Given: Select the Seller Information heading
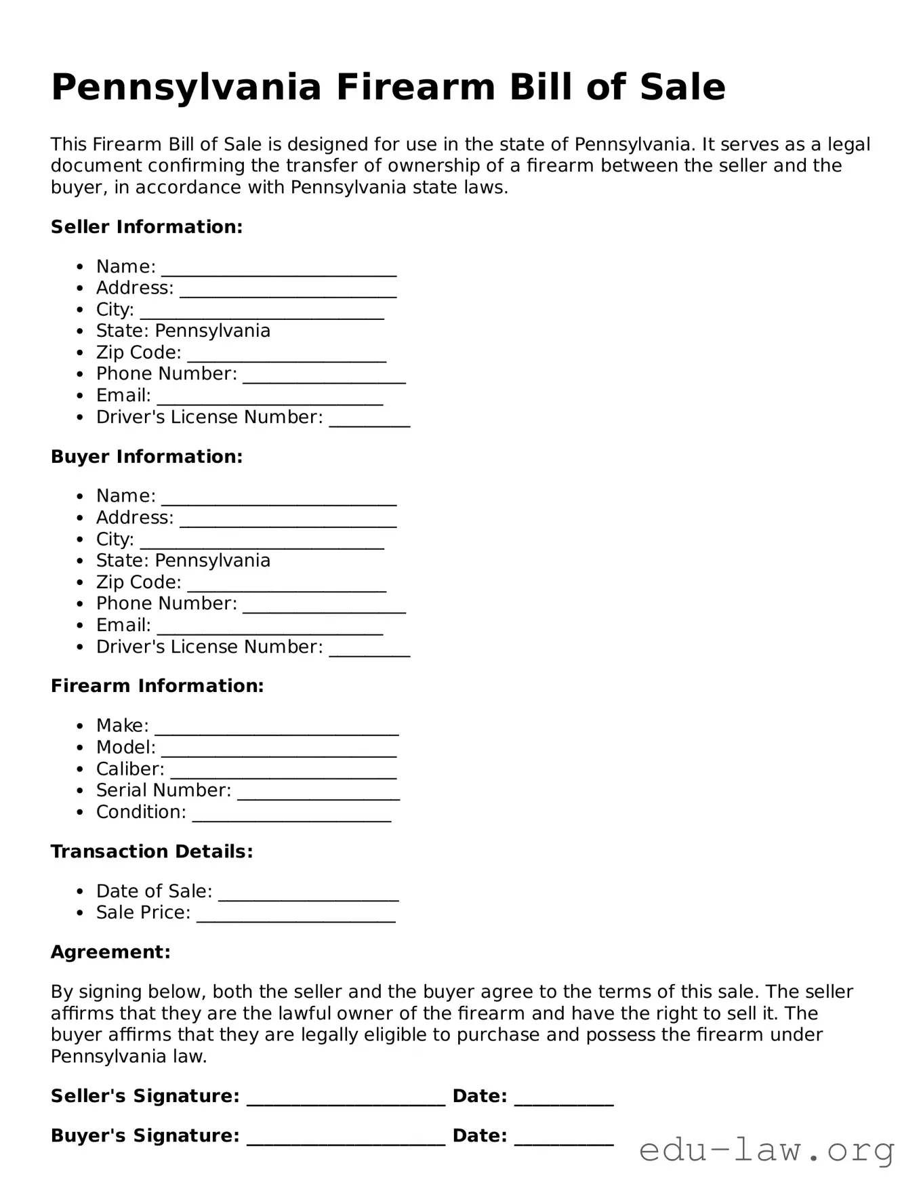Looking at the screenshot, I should pyautogui.click(x=146, y=227).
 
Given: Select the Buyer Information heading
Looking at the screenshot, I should pyautogui.click(x=146, y=457).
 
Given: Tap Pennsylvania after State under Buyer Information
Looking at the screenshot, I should pyautogui.click(x=213, y=561).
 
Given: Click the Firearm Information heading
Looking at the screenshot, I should pyautogui.click(x=157, y=686).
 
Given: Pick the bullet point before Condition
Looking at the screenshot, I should pyautogui.click(x=81, y=813).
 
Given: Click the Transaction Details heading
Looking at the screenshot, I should pyautogui.click(x=152, y=852).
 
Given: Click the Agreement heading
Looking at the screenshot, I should pyautogui.click(x=110, y=952).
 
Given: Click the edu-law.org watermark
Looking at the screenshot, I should pyautogui.click(x=766, y=1150).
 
